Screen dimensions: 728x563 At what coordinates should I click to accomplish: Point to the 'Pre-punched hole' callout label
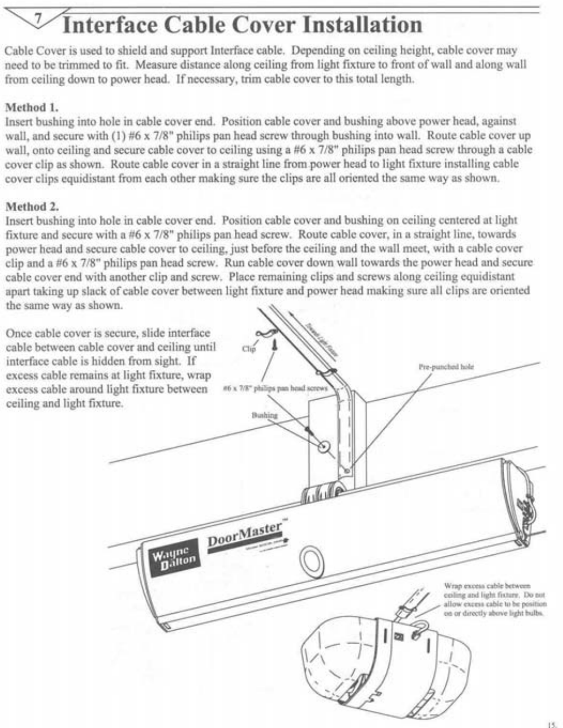click(446, 367)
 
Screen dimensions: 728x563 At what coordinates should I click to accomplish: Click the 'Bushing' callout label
click(264, 415)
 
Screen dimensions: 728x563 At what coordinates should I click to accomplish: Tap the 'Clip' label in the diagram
click(248, 350)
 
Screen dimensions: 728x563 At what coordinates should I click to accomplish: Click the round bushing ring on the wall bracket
click(323, 446)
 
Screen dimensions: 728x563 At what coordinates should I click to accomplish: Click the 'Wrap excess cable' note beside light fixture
click(495, 600)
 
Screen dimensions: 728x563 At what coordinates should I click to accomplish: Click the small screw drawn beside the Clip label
click(274, 345)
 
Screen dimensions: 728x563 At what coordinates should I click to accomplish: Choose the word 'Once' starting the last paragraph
click(18, 333)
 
